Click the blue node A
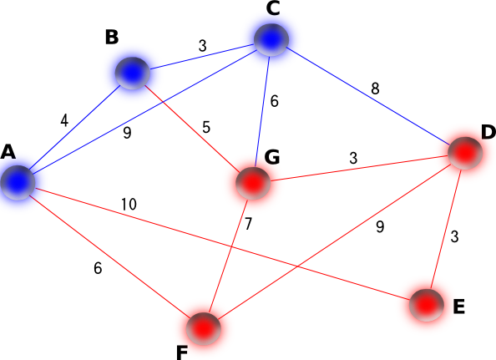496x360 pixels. pyautogui.click(x=18, y=183)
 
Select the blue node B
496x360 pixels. pyautogui.click(x=132, y=74)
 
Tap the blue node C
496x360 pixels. pyautogui.click(x=271, y=39)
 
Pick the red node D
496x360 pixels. pyautogui.click(x=465, y=153)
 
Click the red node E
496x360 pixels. pyautogui.click(x=427, y=305)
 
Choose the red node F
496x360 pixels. pyautogui.click(x=203, y=329)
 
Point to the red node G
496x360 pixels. pyautogui.click(x=253, y=183)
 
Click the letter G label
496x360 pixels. pyautogui.click(x=272, y=157)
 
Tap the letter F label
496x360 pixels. pyautogui.click(x=182, y=353)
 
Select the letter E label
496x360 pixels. pyautogui.click(x=459, y=307)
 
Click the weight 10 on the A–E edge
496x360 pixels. pyautogui.click(x=129, y=205)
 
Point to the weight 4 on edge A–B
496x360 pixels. pyautogui.click(x=64, y=120)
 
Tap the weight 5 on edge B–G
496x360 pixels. pyautogui.click(x=206, y=127)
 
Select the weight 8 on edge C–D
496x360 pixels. pyautogui.click(x=375, y=89)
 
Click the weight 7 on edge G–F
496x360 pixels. pyautogui.click(x=248, y=224)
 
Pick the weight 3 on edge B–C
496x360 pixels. pyautogui.click(x=203, y=46)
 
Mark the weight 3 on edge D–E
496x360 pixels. pyautogui.click(x=454, y=236)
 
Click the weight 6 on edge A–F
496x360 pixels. pyautogui.click(x=98, y=268)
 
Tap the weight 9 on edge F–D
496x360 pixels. pyautogui.click(x=380, y=226)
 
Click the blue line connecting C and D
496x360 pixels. pyautogui.click(x=368, y=96)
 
